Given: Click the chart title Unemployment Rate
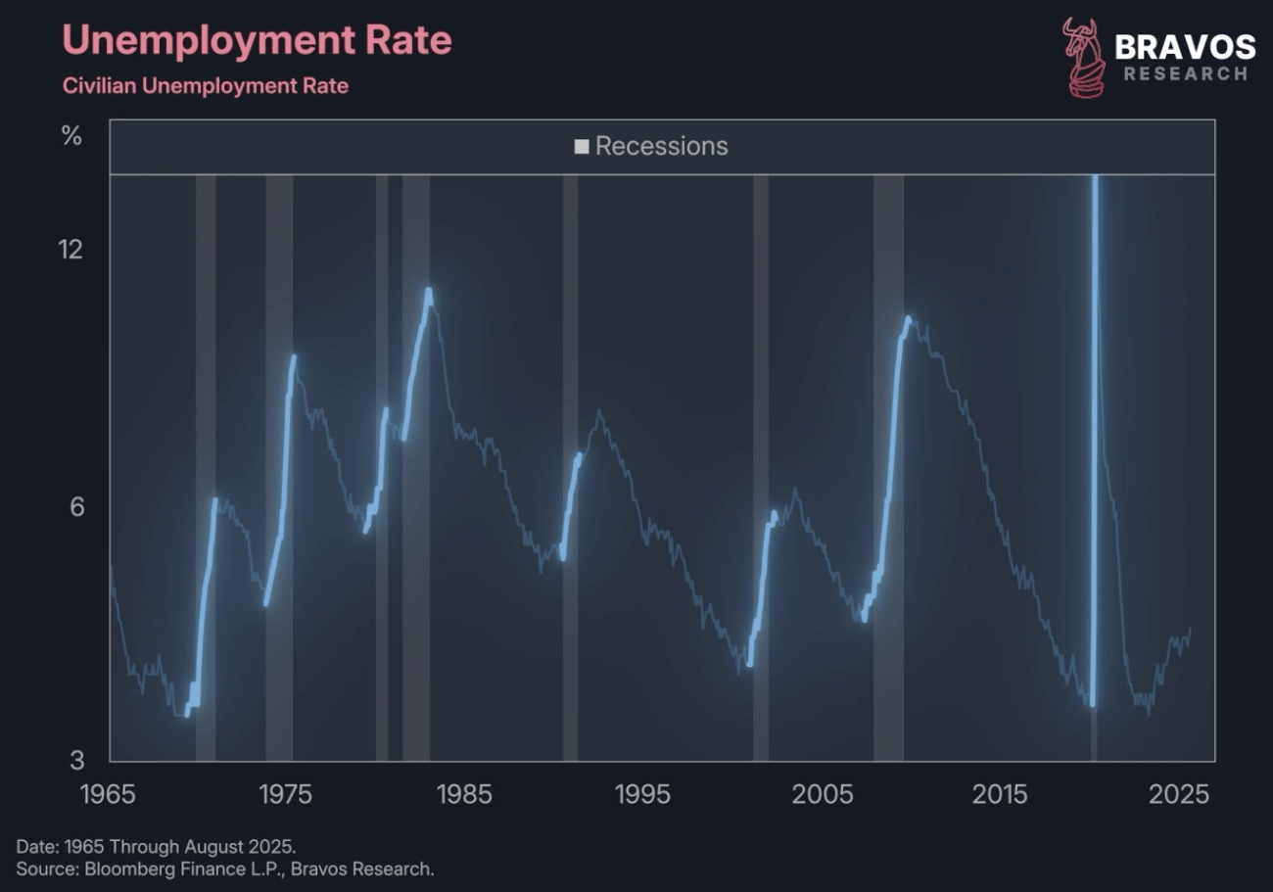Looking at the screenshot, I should (257, 41).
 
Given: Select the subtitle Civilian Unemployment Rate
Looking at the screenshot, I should (206, 86).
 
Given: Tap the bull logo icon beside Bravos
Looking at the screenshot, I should (1083, 58).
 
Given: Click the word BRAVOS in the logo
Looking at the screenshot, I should (1185, 46).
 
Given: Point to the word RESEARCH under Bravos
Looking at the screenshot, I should (1186, 73).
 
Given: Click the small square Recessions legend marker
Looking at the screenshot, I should (582, 147).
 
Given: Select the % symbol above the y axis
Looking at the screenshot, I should (71, 136).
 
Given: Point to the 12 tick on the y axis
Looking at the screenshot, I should (71, 249).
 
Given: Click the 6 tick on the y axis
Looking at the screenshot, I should (76, 506).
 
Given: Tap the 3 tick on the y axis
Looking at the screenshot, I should (76, 759).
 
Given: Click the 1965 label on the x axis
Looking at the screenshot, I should (108, 793).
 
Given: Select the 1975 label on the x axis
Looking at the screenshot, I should (286, 793).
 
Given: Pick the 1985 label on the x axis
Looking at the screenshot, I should (464, 793).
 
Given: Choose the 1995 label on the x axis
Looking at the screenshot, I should (643, 793).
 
